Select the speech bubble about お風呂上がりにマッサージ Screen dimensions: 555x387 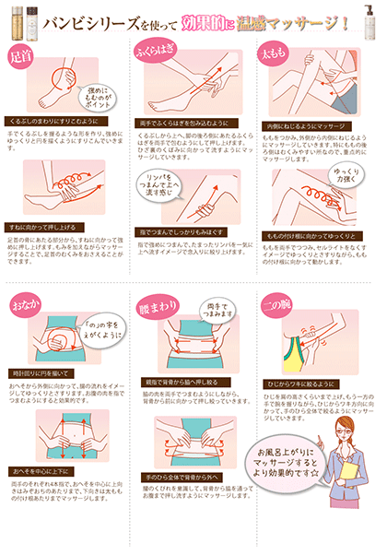(294, 456)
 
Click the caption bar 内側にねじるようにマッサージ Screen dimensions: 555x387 (305, 124)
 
